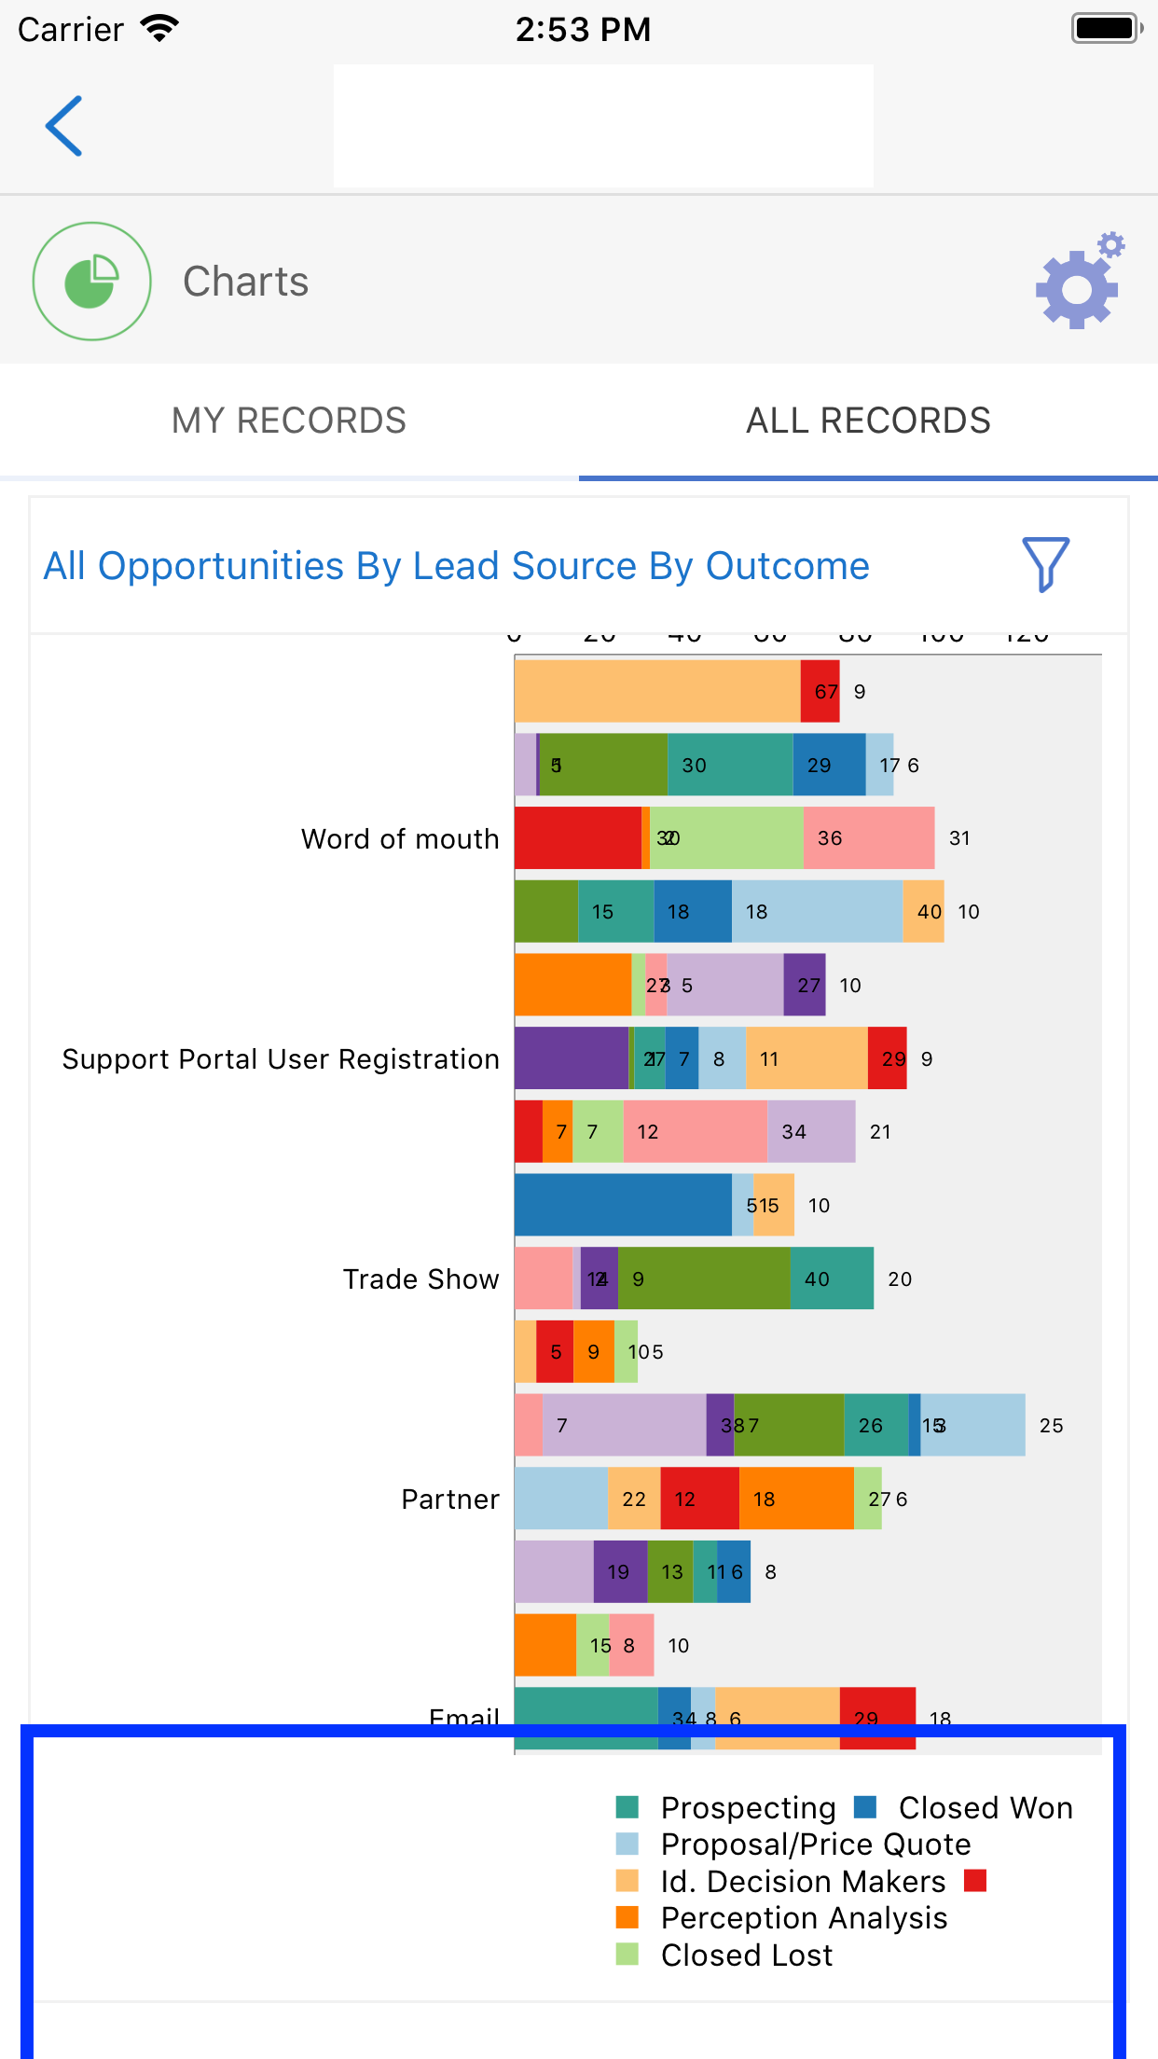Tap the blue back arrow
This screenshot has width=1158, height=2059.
click(x=64, y=126)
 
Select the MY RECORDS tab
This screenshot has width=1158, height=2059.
click(x=289, y=421)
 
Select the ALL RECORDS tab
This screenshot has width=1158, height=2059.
click(x=868, y=421)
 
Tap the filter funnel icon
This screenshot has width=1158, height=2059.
click(x=1045, y=564)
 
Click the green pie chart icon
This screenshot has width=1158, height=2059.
click(x=91, y=282)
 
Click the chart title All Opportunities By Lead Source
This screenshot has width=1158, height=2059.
click(x=456, y=566)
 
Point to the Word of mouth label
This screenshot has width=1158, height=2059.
click(x=400, y=839)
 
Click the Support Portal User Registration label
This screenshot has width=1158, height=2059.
click(x=281, y=1059)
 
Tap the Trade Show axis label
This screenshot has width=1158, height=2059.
click(x=420, y=1279)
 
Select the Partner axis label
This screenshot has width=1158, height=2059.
click(x=450, y=1499)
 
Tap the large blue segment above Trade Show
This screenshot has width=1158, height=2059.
click(x=622, y=1205)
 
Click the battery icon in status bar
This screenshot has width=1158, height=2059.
click(x=1106, y=28)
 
